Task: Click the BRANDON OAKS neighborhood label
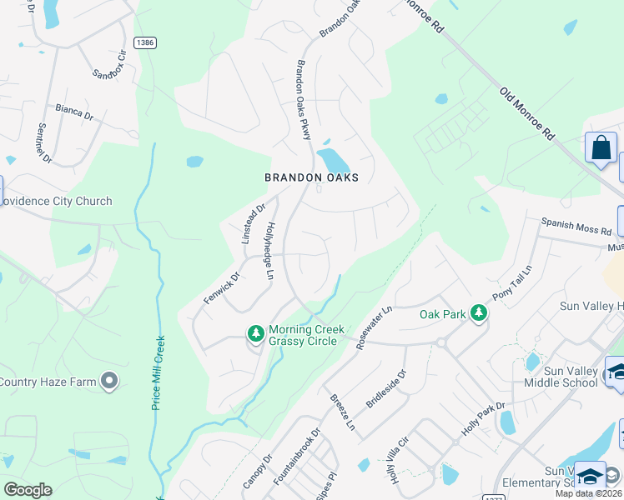tap(311, 177)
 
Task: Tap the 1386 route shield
tap(143, 42)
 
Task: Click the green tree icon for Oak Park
tap(478, 313)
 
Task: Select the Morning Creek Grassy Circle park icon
tap(256, 334)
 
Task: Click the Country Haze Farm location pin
tap(108, 382)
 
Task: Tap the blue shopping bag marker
tap(601, 148)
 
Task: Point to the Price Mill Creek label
tap(157, 372)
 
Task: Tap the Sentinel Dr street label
tap(44, 142)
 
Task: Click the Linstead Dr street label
tap(253, 224)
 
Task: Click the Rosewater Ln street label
tap(374, 327)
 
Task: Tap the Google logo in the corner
tap(28, 490)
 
